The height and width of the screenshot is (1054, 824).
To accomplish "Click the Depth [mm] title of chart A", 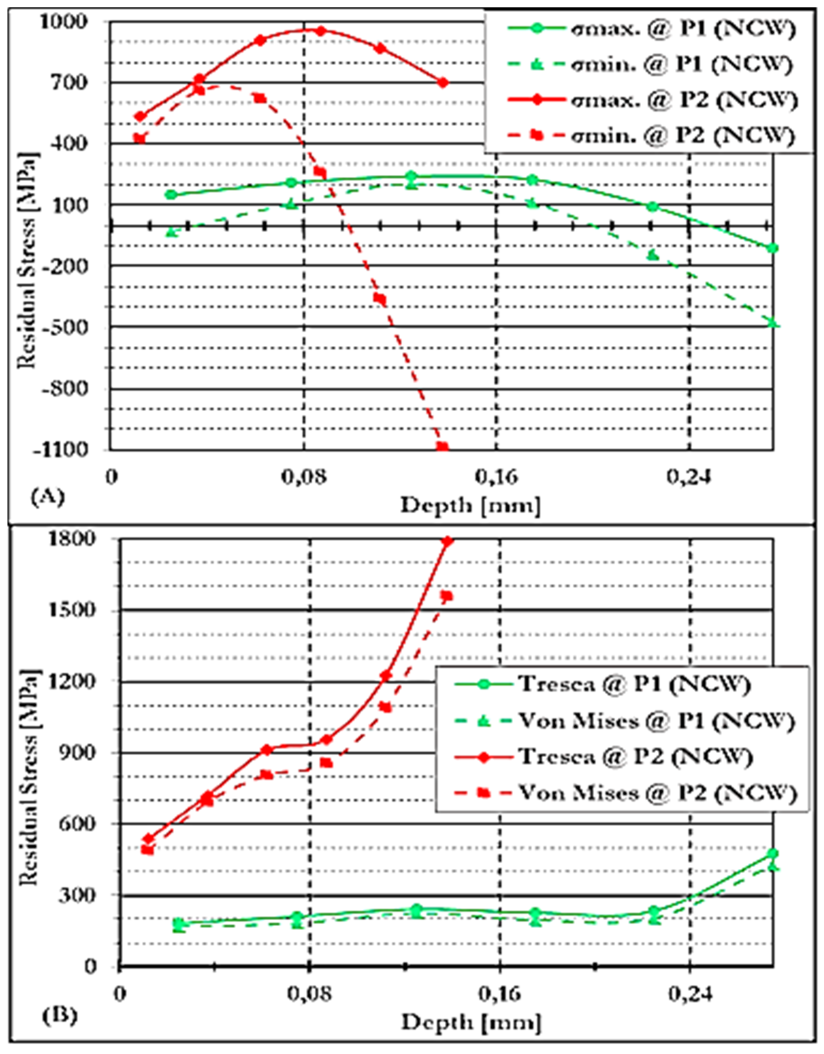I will pyautogui.click(x=470, y=505).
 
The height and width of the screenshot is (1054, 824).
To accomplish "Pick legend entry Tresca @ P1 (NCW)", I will pyautogui.click(x=634, y=684).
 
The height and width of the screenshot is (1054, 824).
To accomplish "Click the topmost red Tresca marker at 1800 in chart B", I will pyautogui.click(x=448, y=541).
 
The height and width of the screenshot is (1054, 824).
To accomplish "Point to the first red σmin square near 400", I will pyautogui.click(x=140, y=139).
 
